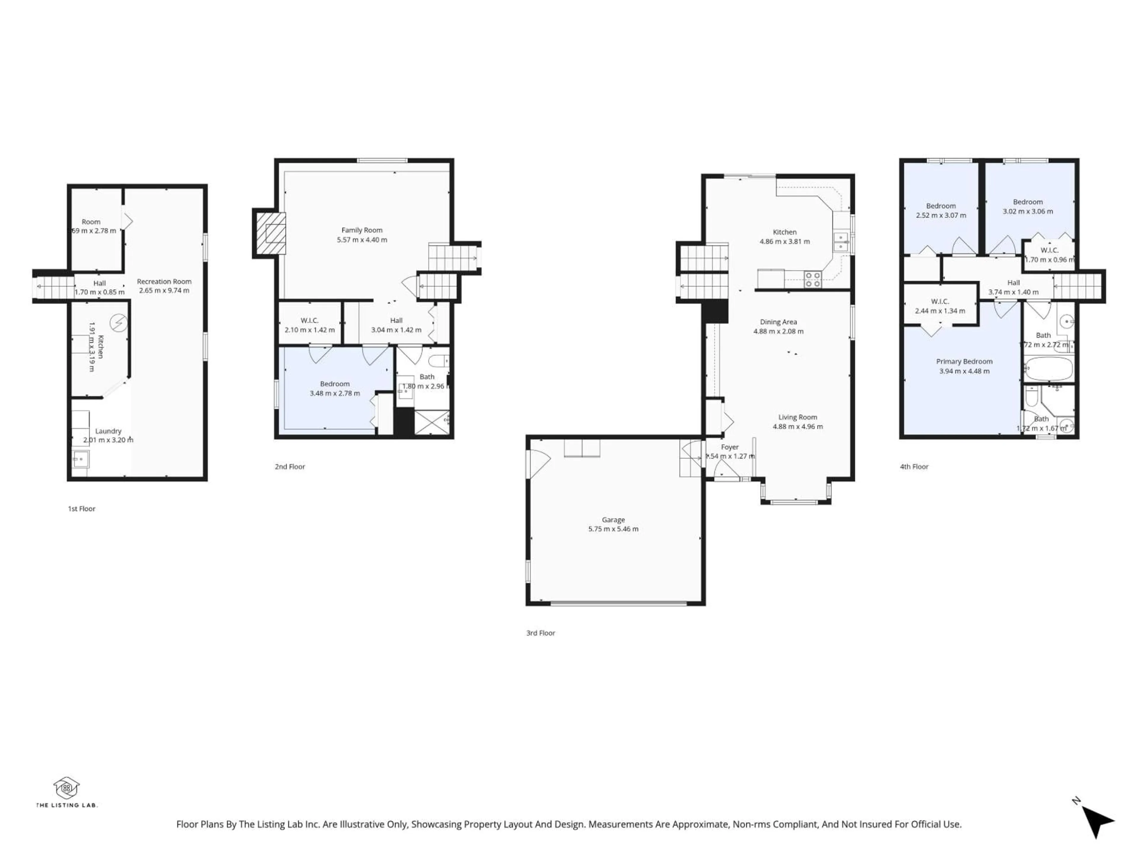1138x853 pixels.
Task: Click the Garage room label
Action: (613, 520)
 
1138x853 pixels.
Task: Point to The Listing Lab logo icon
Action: (66, 787)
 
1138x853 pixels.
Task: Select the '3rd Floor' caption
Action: (540, 633)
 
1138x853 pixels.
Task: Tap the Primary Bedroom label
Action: (964, 361)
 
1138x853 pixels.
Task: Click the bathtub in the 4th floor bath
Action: (1048, 369)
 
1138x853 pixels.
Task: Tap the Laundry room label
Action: (108, 431)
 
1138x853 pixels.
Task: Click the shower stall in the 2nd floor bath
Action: (431, 422)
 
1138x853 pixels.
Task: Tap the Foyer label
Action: (730, 447)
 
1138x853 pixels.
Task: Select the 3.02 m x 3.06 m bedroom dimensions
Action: (1027, 211)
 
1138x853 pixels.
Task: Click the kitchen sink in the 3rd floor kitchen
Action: (841, 242)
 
